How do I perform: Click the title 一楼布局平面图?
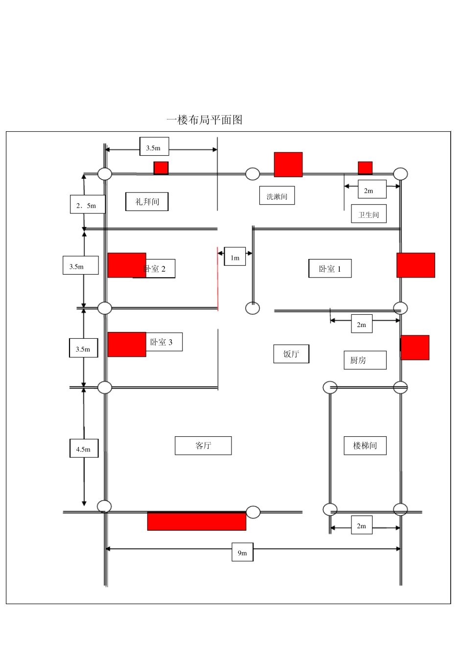(x=205, y=120)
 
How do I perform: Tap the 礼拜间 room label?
(x=147, y=202)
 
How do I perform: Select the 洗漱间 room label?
(x=277, y=196)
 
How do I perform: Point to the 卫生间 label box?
(x=369, y=214)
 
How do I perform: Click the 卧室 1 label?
(x=330, y=268)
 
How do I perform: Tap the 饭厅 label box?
(x=291, y=354)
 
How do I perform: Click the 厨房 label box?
(x=365, y=360)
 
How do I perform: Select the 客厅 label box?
(x=203, y=446)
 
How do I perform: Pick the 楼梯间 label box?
(x=365, y=446)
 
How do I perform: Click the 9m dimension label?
(x=242, y=552)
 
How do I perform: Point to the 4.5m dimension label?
(x=84, y=449)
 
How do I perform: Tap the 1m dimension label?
(x=235, y=257)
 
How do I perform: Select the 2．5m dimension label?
(x=87, y=205)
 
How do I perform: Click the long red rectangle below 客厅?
(x=197, y=521)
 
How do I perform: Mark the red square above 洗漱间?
(x=288, y=164)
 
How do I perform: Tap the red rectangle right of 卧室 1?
(x=416, y=265)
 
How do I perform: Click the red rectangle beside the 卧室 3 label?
(x=127, y=344)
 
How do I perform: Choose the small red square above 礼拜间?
(x=161, y=168)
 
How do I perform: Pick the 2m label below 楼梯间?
(x=361, y=526)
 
